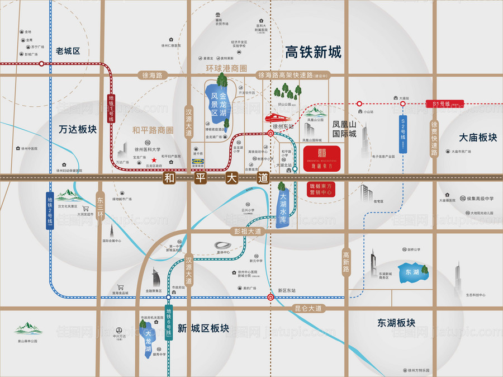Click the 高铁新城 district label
click(x=312, y=53)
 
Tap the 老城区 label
click(x=68, y=51)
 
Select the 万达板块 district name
click(x=78, y=129)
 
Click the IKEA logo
click(x=197, y=161)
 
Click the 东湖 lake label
click(x=412, y=272)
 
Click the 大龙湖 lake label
click(x=148, y=340)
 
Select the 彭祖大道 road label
click(x=246, y=231)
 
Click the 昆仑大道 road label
click(x=308, y=308)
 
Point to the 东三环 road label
click(x=101, y=208)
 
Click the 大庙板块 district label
click(x=478, y=137)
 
